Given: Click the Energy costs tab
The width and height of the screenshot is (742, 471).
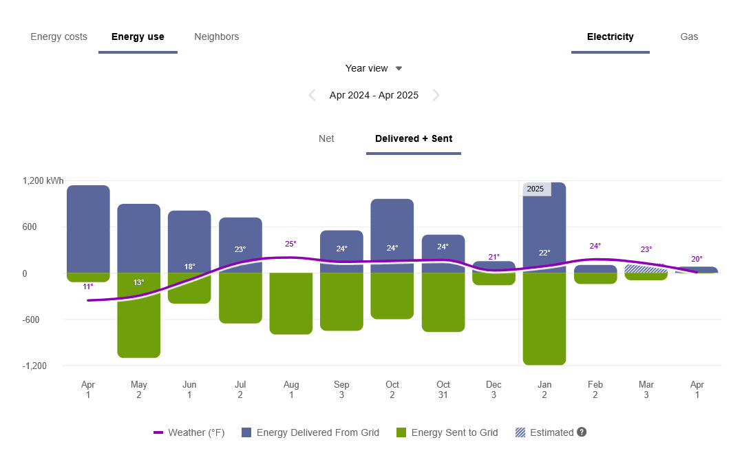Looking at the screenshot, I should [59, 36].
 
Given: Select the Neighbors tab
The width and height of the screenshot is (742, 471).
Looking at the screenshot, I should [216, 36].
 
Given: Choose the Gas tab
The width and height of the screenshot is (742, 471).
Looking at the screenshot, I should [688, 36].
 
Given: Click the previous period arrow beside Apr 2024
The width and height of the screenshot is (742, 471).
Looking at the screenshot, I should [312, 95].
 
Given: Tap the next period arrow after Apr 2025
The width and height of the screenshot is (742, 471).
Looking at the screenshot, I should [436, 95].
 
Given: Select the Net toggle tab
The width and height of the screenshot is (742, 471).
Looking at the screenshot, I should [326, 138].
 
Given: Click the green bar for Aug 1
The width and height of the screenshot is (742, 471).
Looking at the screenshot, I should [290, 303].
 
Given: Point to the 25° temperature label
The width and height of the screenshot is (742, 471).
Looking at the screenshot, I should [290, 244].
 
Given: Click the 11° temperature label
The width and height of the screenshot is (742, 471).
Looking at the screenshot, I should [88, 286].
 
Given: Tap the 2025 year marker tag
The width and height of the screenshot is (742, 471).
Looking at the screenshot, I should [536, 189].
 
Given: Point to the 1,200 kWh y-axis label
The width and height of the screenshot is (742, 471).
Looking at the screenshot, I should [43, 180].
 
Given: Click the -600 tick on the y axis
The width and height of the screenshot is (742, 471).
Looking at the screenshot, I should [34, 320].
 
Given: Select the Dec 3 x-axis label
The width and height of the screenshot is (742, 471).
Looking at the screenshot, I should [494, 390].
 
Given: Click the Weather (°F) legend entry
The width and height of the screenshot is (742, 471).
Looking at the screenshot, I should [189, 432].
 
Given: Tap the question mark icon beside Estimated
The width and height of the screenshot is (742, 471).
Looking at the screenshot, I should [582, 432].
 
